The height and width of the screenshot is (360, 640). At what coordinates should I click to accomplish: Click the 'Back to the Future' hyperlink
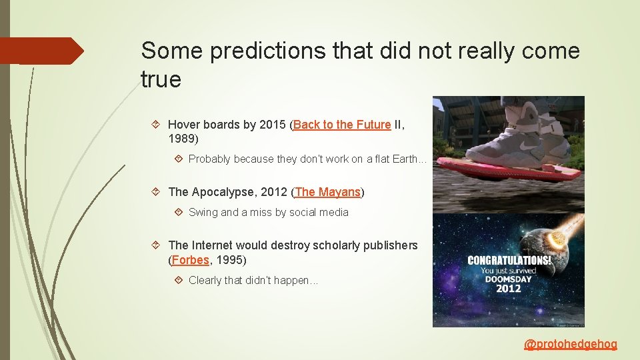342,125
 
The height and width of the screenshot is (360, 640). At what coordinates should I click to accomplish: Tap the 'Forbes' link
190,260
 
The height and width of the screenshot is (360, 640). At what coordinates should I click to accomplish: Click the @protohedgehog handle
571,344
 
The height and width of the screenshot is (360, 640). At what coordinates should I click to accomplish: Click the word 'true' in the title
161,80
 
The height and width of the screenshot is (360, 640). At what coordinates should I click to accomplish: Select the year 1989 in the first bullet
183,139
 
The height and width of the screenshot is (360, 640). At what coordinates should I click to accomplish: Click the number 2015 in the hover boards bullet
273,125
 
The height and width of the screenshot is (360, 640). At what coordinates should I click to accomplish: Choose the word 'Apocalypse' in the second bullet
223,192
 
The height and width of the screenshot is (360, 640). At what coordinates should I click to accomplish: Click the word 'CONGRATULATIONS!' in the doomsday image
509,261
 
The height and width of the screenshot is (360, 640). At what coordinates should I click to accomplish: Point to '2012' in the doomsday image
509,288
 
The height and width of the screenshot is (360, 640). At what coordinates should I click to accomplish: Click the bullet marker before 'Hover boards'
155,125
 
